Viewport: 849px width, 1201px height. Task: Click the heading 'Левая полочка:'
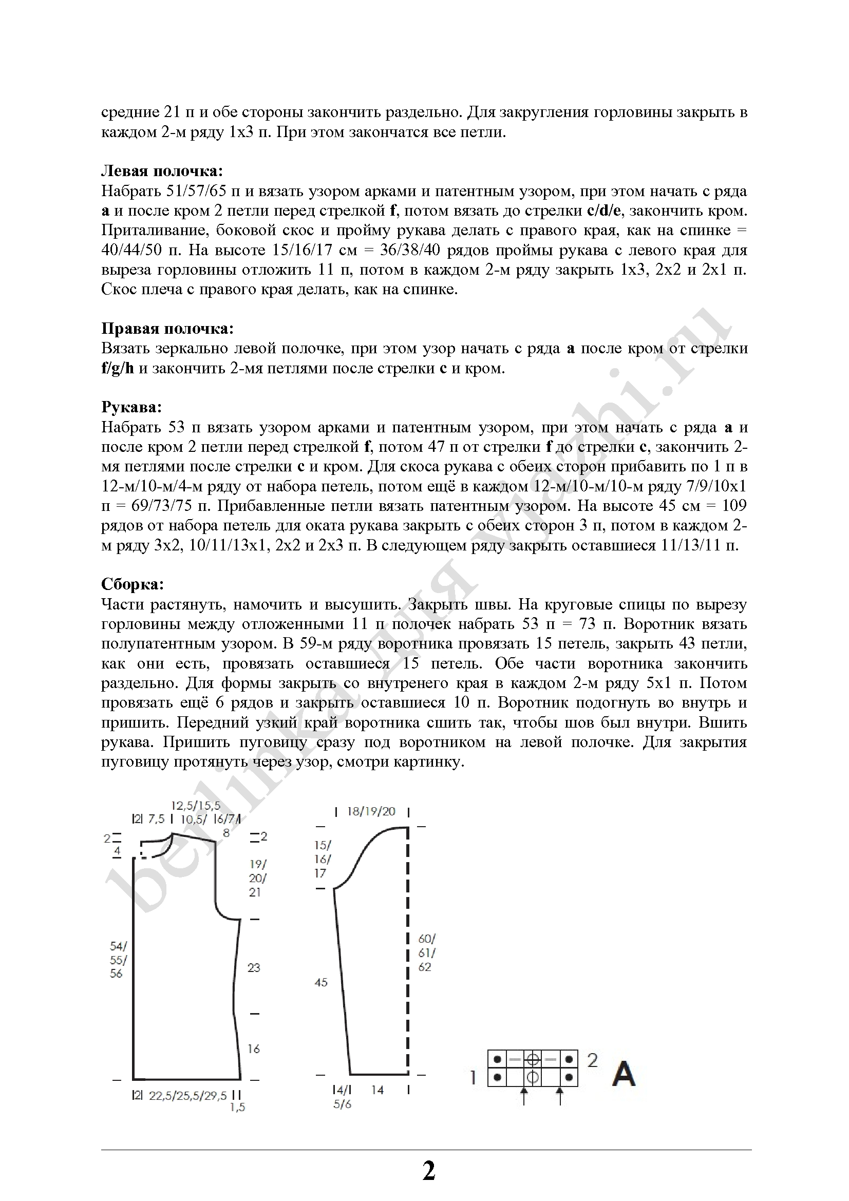(x=162, y=171)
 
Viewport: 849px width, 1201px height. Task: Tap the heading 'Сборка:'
(x=133, y=584)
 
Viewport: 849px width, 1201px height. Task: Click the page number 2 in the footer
(x=428, y=1171)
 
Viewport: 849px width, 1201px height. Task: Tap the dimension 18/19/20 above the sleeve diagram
(x=371, y=812)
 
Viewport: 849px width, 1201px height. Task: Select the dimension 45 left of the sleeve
(x=320, y=982)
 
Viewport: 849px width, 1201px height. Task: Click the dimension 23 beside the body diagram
(x=254, y=968)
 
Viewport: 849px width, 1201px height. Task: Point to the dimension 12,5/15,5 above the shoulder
(x=196, y=806)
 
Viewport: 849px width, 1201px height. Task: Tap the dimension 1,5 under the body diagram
(x=237, y=1108)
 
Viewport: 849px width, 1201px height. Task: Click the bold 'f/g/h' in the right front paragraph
(x=118, y=368)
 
